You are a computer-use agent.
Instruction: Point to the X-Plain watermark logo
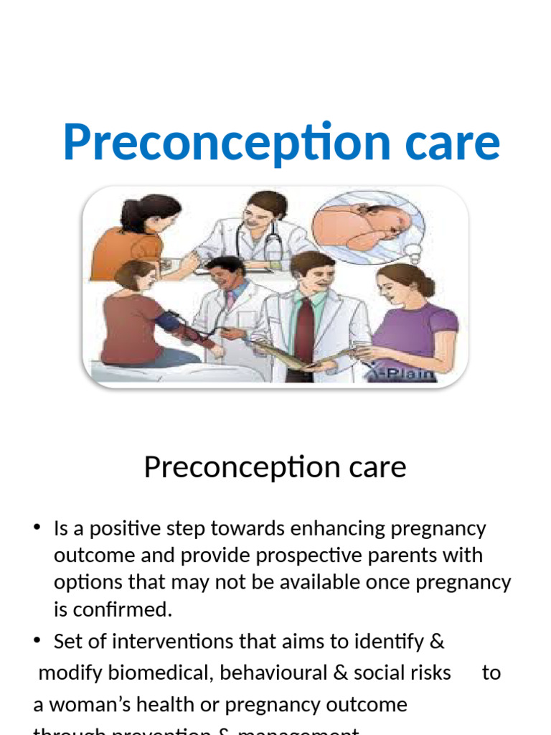pyautogui.click(x=409, y=372)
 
